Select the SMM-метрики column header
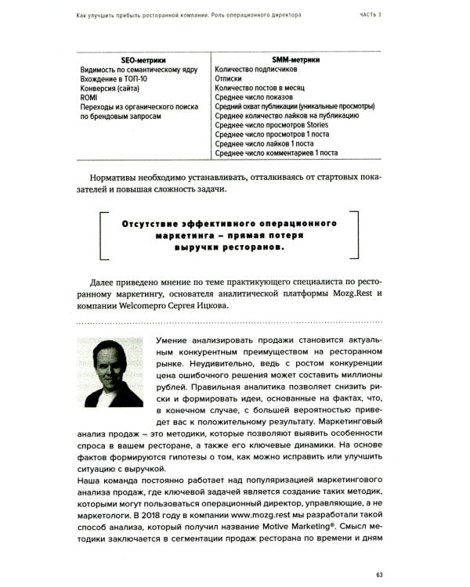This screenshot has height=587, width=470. (x=291, y=59)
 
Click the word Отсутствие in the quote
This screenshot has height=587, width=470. (x=152, y=223)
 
